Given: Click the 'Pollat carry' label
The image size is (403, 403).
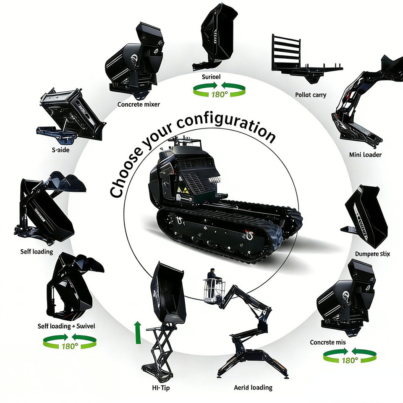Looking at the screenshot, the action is click(x=311, y=95).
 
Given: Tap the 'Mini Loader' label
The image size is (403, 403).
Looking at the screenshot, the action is click(x=365, y=154).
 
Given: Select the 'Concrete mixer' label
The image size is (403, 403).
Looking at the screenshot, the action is click(x=139, y=104).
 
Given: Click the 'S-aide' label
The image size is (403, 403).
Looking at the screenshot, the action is click(x=58, y=149).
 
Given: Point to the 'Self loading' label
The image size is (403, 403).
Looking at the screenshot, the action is click(x=37, y=251).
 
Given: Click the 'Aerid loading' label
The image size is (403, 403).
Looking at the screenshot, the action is click(x=253, y=387).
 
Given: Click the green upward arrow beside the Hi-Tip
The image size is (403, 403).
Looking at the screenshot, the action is click(x=137, y=332).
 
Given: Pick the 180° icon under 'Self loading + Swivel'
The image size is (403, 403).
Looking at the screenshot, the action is click(x=70, y=343).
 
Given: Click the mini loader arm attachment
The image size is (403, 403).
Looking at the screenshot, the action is click(x=365, y=105).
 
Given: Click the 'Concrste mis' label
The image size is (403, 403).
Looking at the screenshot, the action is click(x=328, y=342).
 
